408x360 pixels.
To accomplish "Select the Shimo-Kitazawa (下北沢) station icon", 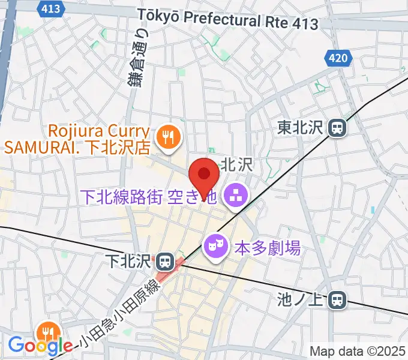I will click(164, 262).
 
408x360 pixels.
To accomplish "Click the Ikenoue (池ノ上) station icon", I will click(339, 299).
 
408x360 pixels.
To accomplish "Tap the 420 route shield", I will click(338, 59).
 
